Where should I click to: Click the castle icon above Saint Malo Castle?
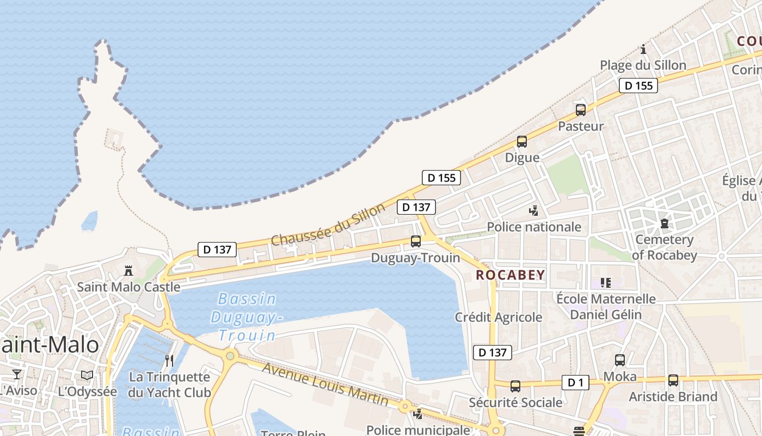click(128, 270)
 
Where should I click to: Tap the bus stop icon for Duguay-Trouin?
click(416, 241)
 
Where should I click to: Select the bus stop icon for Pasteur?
click(581, 110)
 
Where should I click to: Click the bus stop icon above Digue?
click(522, 142)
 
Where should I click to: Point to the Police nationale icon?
click(534, 210)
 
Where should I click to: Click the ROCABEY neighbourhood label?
click(511, 275)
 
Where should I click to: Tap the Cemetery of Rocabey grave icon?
click(665, 223)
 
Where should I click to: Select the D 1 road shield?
click(575, 383)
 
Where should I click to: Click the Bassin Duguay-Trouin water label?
click(247, 317)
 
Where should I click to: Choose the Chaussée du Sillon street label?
click(328, 224)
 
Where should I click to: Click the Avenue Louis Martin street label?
click(325, 384)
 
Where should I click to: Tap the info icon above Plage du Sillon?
click(643, 49)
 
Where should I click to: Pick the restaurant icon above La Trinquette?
click(169, 360)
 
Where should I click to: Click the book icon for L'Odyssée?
click(87, 375)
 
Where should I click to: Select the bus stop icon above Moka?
click(620, 360)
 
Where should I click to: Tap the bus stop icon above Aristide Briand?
click(673, 380)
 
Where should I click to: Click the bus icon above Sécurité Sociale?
click(515, 386)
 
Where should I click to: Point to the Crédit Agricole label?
click(499, 317)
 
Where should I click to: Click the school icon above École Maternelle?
click(606, 282)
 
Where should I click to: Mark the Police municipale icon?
click(417, 414)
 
